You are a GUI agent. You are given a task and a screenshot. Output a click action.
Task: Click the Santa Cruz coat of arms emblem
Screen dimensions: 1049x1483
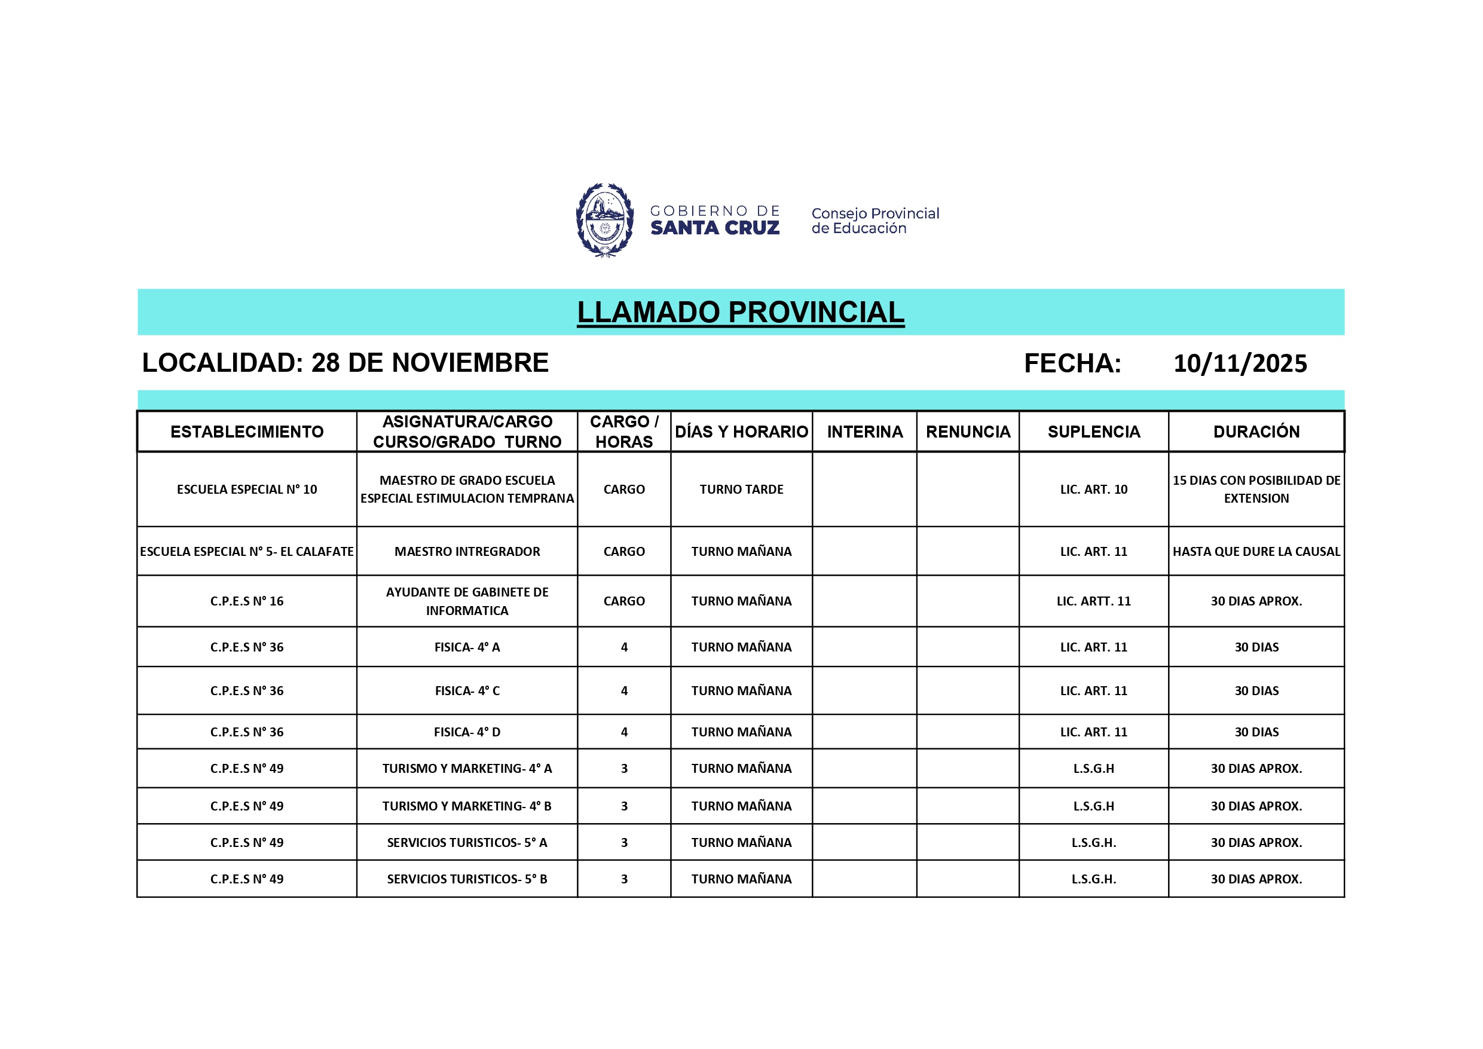604,221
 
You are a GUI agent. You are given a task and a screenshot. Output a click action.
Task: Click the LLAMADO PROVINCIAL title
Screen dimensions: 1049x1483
740,313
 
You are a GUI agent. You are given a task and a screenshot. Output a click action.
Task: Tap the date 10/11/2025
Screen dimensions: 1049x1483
1240,363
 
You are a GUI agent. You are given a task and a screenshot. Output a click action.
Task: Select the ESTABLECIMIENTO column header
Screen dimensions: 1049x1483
247,432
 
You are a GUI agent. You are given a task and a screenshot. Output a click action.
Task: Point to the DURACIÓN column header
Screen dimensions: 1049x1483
1256,432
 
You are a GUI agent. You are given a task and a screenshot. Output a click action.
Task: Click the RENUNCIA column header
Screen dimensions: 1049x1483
968,432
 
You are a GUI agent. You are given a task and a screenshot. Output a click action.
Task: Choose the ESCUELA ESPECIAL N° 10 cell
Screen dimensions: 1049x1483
247,490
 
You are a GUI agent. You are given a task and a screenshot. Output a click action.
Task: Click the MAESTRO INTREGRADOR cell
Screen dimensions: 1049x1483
467,552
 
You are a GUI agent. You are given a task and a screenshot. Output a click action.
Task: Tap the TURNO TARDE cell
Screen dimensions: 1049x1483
741,490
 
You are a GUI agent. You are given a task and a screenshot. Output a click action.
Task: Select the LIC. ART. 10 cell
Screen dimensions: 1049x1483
1093,490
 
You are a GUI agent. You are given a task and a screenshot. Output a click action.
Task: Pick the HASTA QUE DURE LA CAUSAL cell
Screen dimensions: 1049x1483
1256,552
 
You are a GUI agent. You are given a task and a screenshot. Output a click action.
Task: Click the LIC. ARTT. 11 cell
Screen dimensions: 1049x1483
1093,601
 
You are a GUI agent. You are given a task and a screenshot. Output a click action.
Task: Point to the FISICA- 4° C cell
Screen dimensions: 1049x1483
467,691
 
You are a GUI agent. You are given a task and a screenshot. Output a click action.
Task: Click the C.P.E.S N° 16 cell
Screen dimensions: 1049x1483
247,601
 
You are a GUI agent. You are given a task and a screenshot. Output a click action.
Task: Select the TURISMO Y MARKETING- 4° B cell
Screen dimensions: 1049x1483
467,806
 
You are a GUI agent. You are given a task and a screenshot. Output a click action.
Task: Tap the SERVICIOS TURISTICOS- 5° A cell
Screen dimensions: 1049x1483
467,843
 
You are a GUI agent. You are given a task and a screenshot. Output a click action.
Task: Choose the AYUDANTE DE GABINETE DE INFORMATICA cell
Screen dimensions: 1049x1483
467,601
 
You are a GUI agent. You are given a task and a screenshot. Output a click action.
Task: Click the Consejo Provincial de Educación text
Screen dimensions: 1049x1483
874,221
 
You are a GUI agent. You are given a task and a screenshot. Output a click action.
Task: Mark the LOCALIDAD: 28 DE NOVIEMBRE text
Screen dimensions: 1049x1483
345,363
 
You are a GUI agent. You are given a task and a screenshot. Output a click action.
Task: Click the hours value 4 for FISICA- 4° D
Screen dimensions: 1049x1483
624,732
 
